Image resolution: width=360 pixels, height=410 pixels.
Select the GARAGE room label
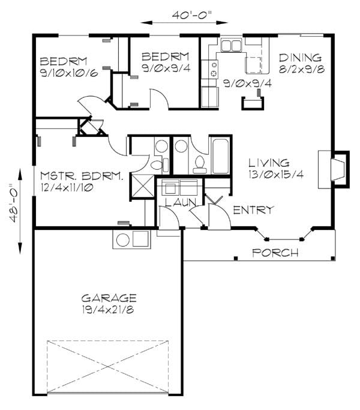109,298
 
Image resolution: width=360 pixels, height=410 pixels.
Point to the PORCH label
275,253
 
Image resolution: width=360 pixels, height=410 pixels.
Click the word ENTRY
253,210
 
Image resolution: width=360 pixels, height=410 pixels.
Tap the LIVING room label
269,163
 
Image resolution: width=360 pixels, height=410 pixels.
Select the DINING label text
300,58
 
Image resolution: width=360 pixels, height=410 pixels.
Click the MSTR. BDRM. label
82,176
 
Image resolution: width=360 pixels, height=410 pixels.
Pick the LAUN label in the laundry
178,203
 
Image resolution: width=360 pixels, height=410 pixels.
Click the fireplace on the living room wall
339,167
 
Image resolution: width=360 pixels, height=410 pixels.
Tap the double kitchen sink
230,46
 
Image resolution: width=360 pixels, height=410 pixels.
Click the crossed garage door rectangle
108,366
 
